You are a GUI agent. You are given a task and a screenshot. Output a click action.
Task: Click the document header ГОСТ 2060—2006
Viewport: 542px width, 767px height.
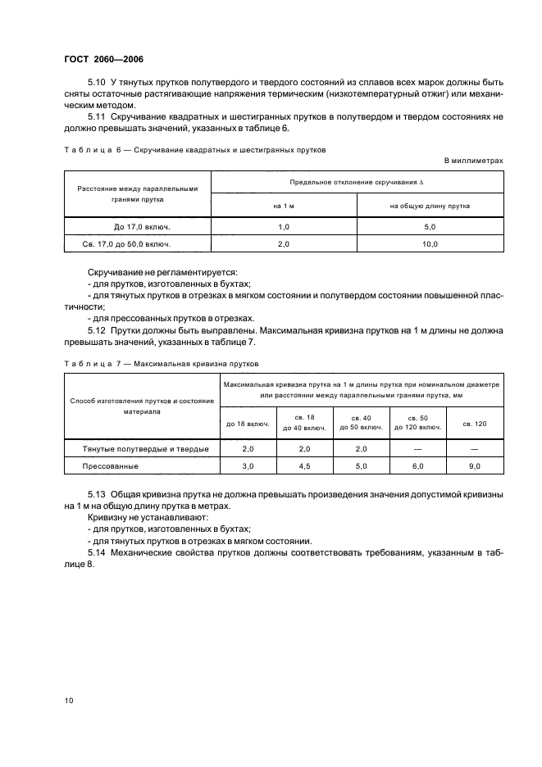pos(104,59)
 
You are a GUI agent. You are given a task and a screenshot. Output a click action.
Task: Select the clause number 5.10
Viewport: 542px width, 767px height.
pos(98,84)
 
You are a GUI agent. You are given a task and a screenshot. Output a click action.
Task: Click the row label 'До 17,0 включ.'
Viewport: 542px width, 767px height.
pos(138,227)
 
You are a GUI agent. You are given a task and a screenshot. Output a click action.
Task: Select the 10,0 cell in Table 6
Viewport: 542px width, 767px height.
pos(430,244)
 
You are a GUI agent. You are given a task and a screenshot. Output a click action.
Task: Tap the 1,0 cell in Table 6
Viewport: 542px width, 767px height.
pos(285,227)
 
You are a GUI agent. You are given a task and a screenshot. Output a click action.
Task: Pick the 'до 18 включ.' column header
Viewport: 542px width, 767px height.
pos(248,424)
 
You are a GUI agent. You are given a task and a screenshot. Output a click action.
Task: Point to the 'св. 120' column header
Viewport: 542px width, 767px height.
pos(474,424)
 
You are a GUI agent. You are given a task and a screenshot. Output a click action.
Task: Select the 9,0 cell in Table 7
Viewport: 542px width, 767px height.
pos(474,465)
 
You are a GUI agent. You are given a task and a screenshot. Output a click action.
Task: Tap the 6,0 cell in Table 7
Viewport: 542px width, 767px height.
pos(417,465)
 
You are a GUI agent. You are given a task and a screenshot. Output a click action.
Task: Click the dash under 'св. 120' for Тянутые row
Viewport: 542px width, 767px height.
pos(474,449)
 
